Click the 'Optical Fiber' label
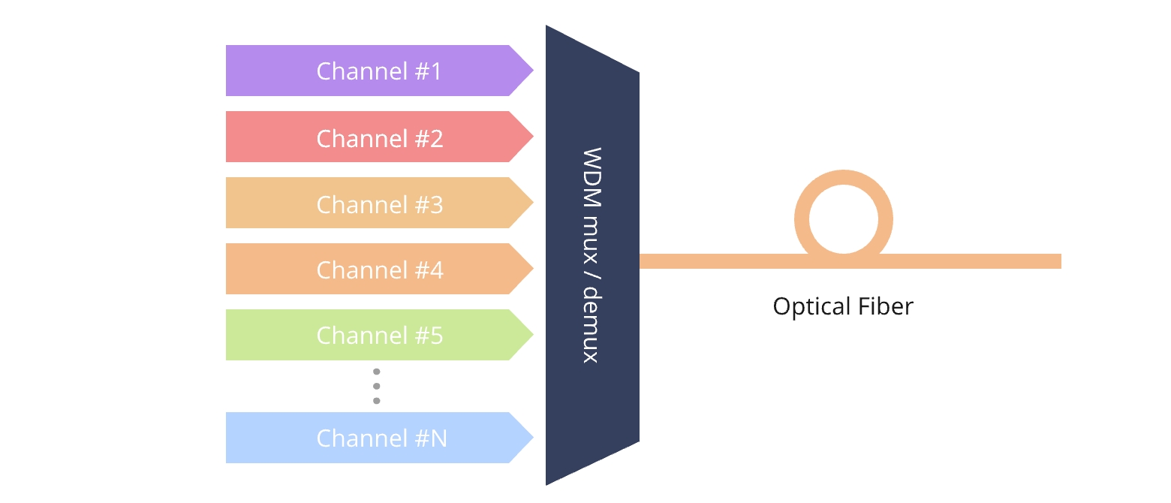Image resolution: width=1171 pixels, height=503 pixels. coord(843,306)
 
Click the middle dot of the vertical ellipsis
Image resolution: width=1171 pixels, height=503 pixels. coord(377,386)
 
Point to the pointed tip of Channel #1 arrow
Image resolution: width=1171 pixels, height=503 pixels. coord(531,71)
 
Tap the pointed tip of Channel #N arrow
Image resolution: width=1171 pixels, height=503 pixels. coord(531,438)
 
